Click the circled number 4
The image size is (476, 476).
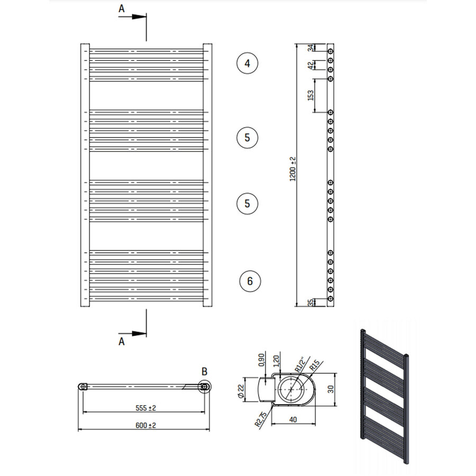click(247, 63)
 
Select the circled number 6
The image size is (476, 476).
click(250, 281)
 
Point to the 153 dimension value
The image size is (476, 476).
click(311, 95)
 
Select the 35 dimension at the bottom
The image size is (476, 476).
click(311, 303)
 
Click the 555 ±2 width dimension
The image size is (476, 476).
click(144, 408)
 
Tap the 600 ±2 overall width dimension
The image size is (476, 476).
click(144, 425)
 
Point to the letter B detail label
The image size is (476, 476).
click(205, 370)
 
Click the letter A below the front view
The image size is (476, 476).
click(122, 342)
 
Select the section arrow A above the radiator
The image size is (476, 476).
click(132, 16)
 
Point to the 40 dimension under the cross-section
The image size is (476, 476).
click(293, 419)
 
